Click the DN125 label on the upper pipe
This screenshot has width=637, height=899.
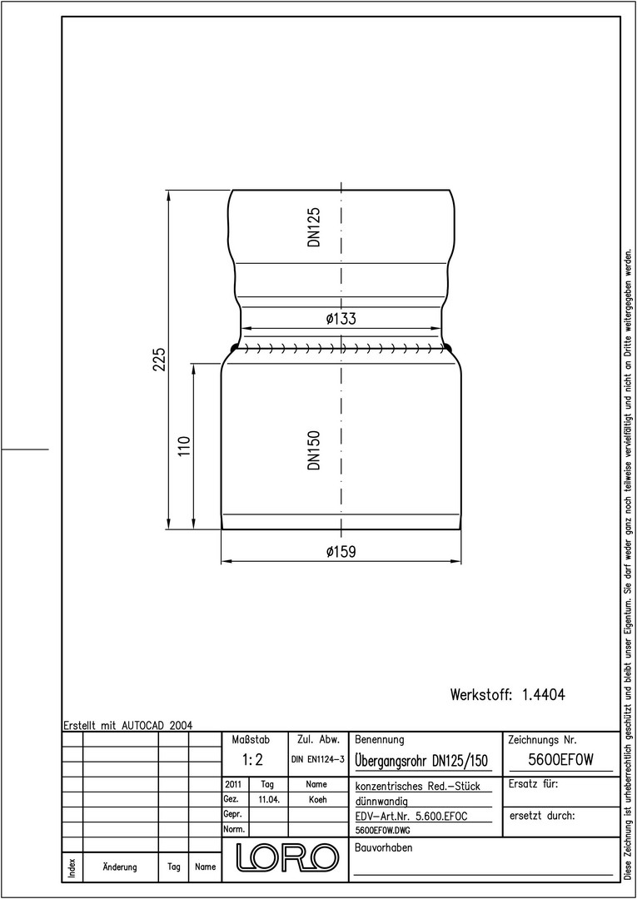coord(314,227)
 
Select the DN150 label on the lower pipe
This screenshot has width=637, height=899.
coord(314,450)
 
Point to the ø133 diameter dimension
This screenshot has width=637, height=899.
coord(341,319)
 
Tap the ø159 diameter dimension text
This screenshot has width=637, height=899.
coord(341,552)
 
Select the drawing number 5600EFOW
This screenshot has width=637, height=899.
coord(560,760)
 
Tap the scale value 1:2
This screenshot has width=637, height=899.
coord(251,760)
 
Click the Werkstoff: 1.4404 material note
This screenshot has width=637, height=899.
coord(508,695)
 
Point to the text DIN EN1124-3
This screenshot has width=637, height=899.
coord(317,760)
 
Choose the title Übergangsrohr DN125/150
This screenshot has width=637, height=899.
coord(421,761)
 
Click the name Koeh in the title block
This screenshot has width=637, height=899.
coord(317,800)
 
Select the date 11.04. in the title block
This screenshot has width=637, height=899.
coord(268,800)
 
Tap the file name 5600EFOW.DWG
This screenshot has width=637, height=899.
coord(384,830)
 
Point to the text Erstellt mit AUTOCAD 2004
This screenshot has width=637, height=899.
coord(128,725)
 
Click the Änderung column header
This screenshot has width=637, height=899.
coord(120,867)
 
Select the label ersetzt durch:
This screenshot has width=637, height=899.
coord(542,816)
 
